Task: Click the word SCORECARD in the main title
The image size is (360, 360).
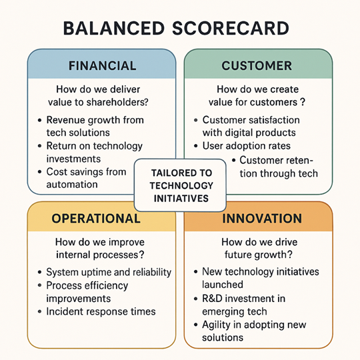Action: [x=231, y=28]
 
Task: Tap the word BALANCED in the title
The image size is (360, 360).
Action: [x=114, y=28]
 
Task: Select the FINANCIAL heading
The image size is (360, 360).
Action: [x=103, y=65]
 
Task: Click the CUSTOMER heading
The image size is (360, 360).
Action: [x=257, y=65]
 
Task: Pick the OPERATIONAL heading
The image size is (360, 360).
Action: [x=96, y=219]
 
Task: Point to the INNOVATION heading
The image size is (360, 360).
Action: [x=262, y=219]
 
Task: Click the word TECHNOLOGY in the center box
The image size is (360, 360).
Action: [x=181, y=185]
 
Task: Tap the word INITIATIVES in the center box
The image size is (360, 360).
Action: [x=181, y=199]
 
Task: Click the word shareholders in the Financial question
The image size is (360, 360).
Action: [x=117, y=102]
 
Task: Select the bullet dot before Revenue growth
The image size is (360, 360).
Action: [x=40, y=120]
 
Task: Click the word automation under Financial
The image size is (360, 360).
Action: [x=72, y=185]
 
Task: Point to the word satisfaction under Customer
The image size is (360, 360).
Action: [x=275, y=120]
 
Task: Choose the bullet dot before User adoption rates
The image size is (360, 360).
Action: [x=196, y=146]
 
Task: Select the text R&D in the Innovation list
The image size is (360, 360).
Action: [x=212, y=299]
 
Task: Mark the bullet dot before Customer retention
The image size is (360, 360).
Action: [x=233, y=160]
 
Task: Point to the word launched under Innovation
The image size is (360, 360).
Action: [x=223, y=285]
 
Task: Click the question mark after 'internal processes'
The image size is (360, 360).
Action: [x=141, y=255]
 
